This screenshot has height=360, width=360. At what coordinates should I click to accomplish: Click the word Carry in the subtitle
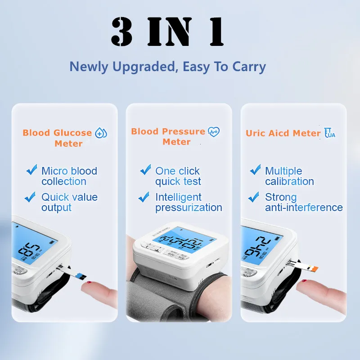click(249, 67)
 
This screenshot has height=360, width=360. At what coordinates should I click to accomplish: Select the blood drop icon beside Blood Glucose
click(101, 133)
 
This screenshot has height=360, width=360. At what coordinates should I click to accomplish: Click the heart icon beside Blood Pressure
click(214, 132)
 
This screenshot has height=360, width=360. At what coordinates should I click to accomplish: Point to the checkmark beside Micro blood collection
click(31, 170)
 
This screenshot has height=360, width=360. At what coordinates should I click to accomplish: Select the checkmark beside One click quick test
click(145, 170)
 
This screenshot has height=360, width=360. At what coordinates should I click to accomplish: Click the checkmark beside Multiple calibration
click(255, 170)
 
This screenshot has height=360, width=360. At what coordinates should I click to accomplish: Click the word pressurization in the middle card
click(189, 208)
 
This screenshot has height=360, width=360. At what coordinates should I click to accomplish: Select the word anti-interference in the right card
click(304, 208)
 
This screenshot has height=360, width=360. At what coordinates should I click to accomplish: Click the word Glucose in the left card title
click(72, 133)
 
